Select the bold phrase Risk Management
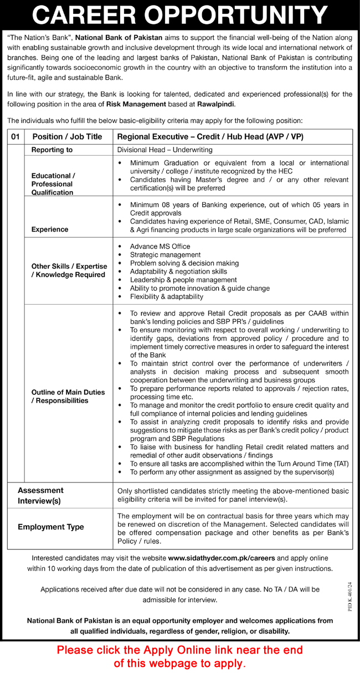137,104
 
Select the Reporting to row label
52,150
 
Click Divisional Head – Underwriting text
164,150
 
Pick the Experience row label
50,229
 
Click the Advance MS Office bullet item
160,246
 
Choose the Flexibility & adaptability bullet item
166,297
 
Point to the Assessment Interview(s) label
40,496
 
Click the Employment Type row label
51,527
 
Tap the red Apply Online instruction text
179,656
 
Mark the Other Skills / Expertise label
68,270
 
